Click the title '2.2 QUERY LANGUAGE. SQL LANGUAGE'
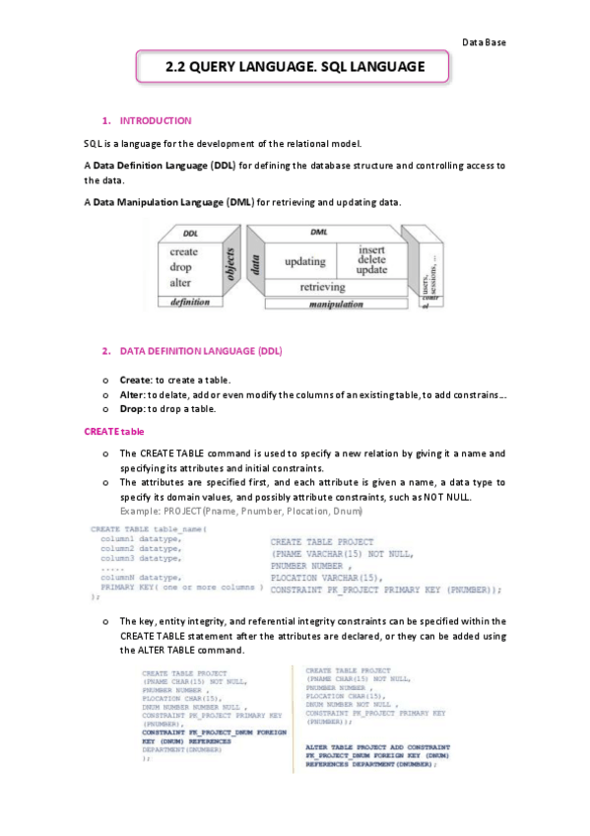[295, 67]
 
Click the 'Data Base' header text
[484, 41]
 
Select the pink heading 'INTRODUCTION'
[155, 120]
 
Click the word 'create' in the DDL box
[183, 251]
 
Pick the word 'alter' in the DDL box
[180, 282]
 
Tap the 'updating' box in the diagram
[304, 262]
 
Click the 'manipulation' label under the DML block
[337, 305]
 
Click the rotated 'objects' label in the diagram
[231, 265]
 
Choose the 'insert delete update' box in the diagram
[371, 259]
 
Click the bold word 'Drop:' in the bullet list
[132, 408]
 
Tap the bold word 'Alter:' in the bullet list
[133, 393]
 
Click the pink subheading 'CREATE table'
[113, 431]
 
